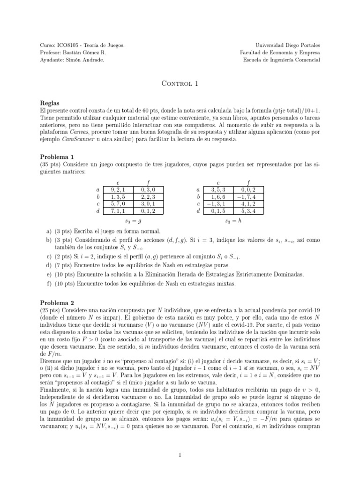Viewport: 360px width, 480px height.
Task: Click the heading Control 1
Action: tap(180, 84)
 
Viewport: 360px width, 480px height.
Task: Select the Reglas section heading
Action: tap(50, 102)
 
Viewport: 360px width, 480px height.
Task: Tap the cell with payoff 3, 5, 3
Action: tap(218, 189)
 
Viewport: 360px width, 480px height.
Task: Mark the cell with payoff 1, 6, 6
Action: tap(218, 197)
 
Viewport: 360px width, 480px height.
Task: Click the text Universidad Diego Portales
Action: tap(291, 45)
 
